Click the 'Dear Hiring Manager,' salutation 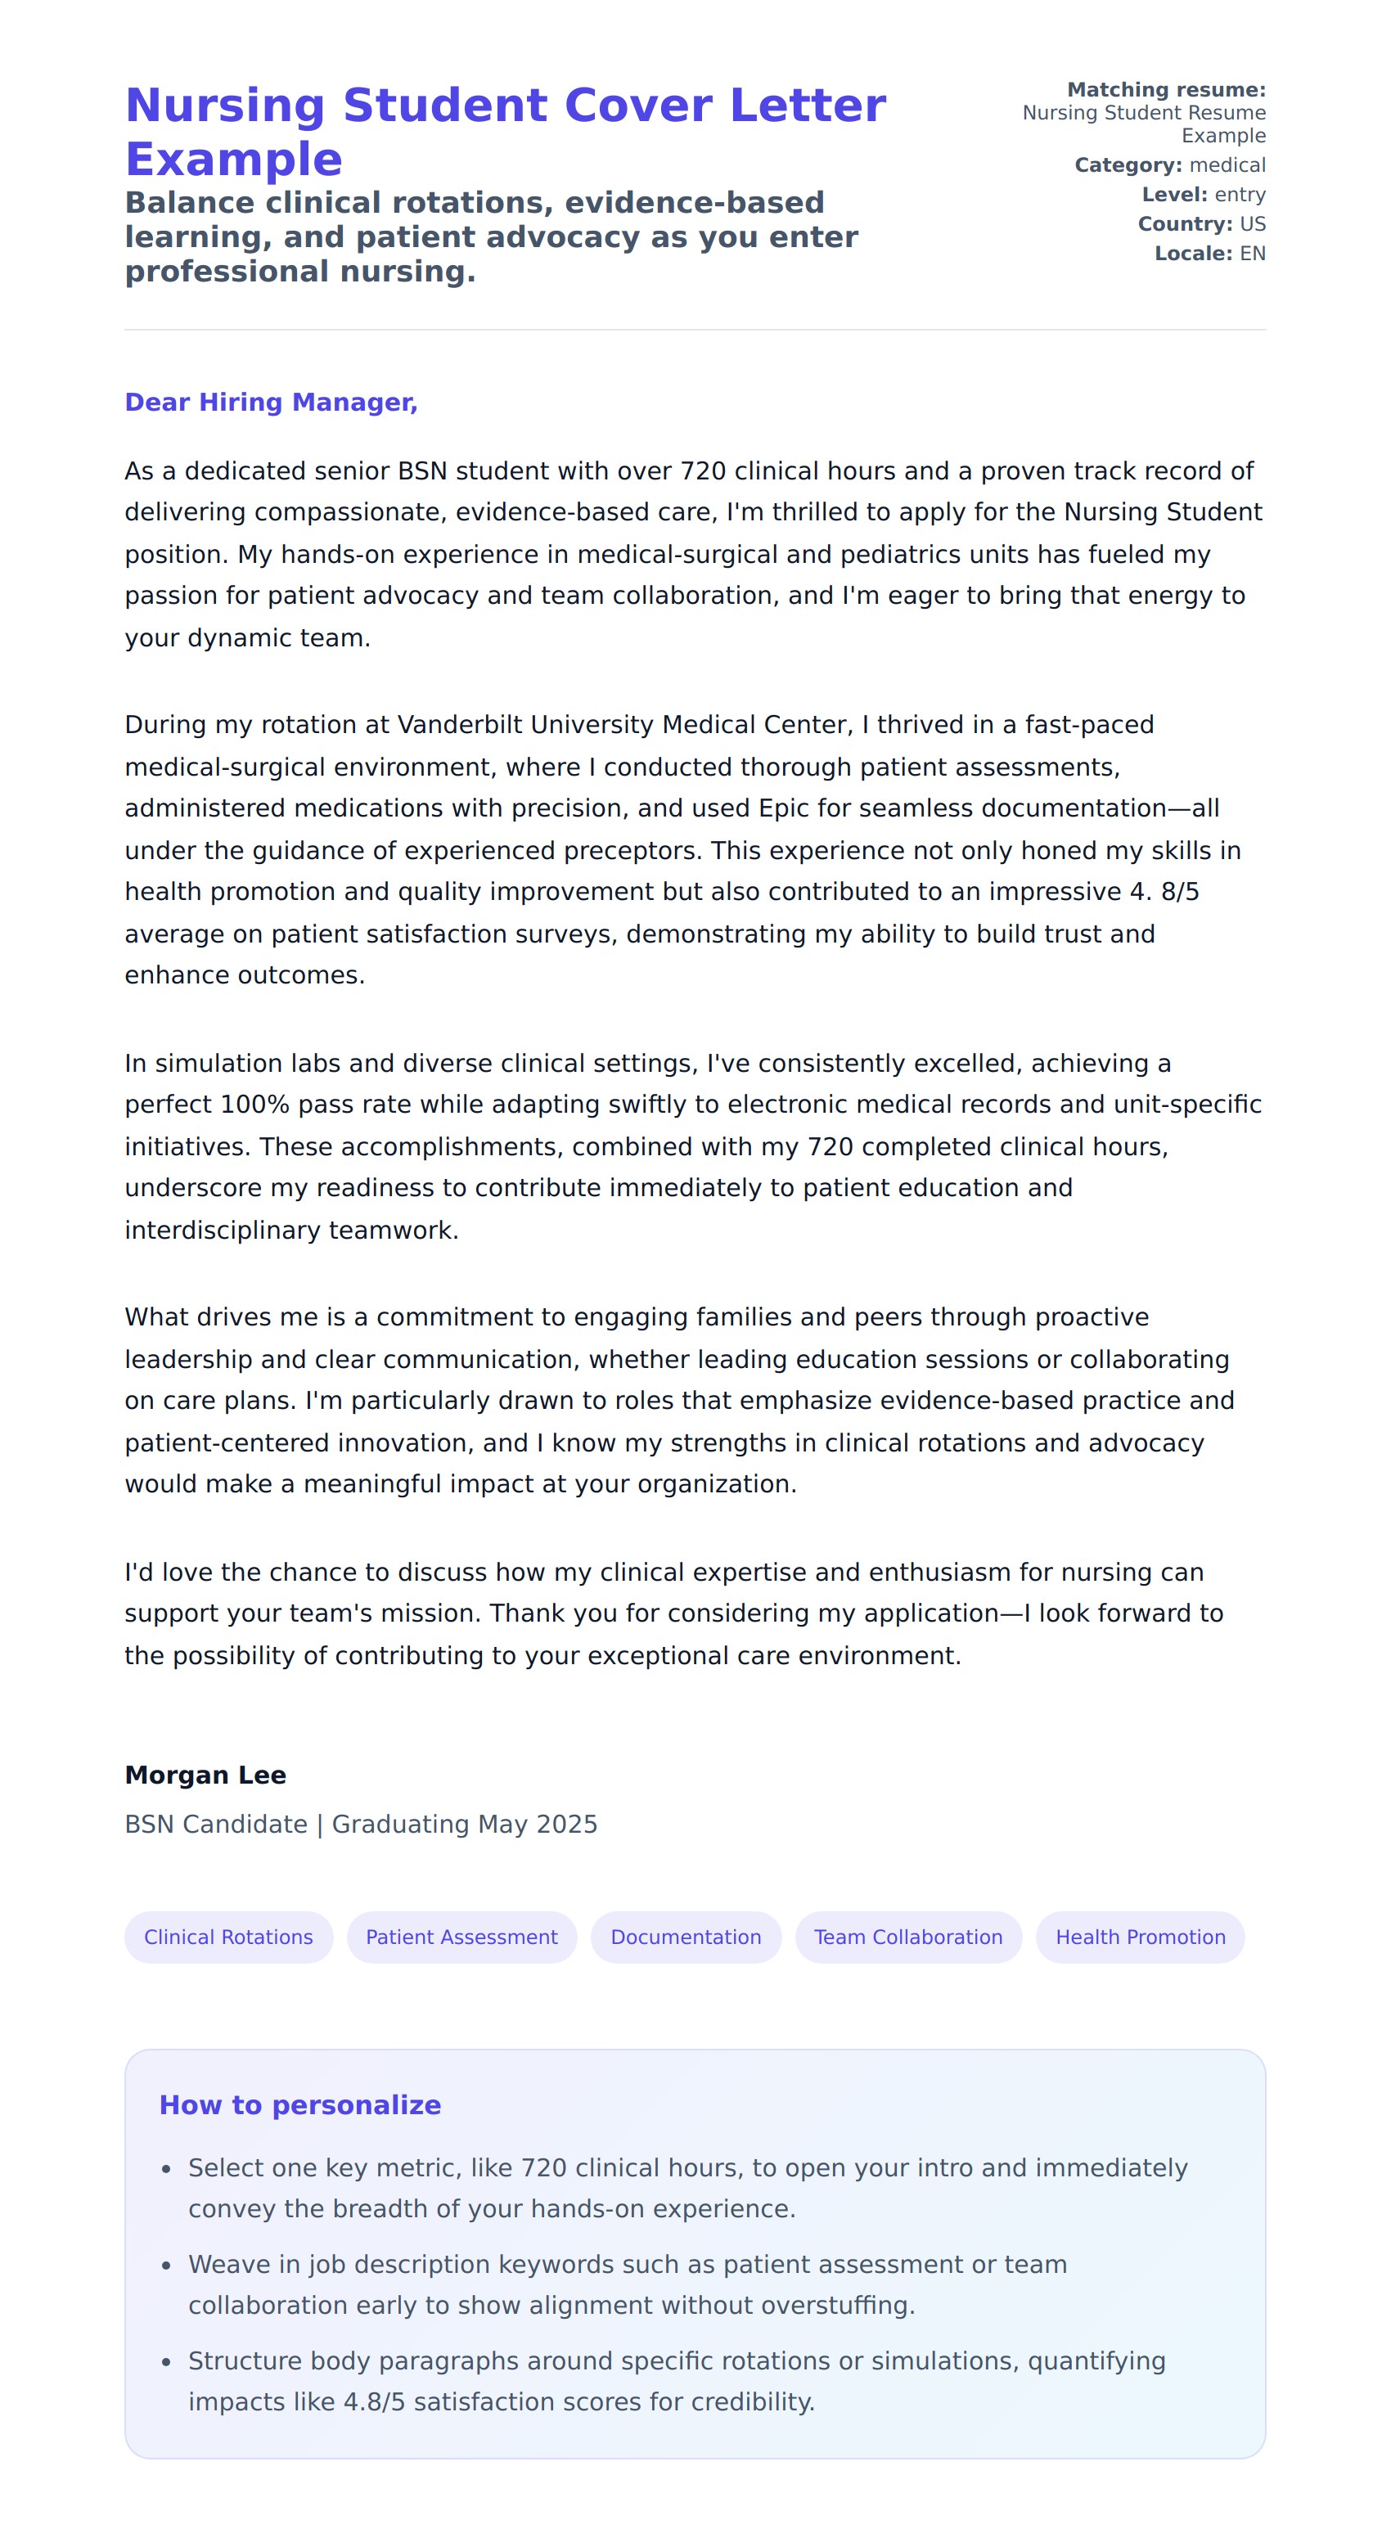click(x=271, y=402)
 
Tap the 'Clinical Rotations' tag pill click(x=228, y=1937)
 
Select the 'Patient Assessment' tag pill click(x=461, y=1937)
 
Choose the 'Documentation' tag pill click(x=686, y=1937)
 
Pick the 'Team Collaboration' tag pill click(x=907, y=1937)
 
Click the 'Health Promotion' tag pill click(x=1140, y=1937)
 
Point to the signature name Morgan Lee click(x=205, y=1775)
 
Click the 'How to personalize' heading click(x=299, y=2105)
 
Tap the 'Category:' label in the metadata click(x=1128, y=165)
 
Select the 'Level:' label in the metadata click(x=1174, y=195)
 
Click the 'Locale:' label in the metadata click(x=1193, y=254)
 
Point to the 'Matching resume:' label click(x=1166, y=90)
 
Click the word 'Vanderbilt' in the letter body click(x=460, y=725)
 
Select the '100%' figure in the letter click(x=255, y=1105)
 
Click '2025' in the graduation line click(x=566, y=1825)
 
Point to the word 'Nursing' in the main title click(x=226, y=106)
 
